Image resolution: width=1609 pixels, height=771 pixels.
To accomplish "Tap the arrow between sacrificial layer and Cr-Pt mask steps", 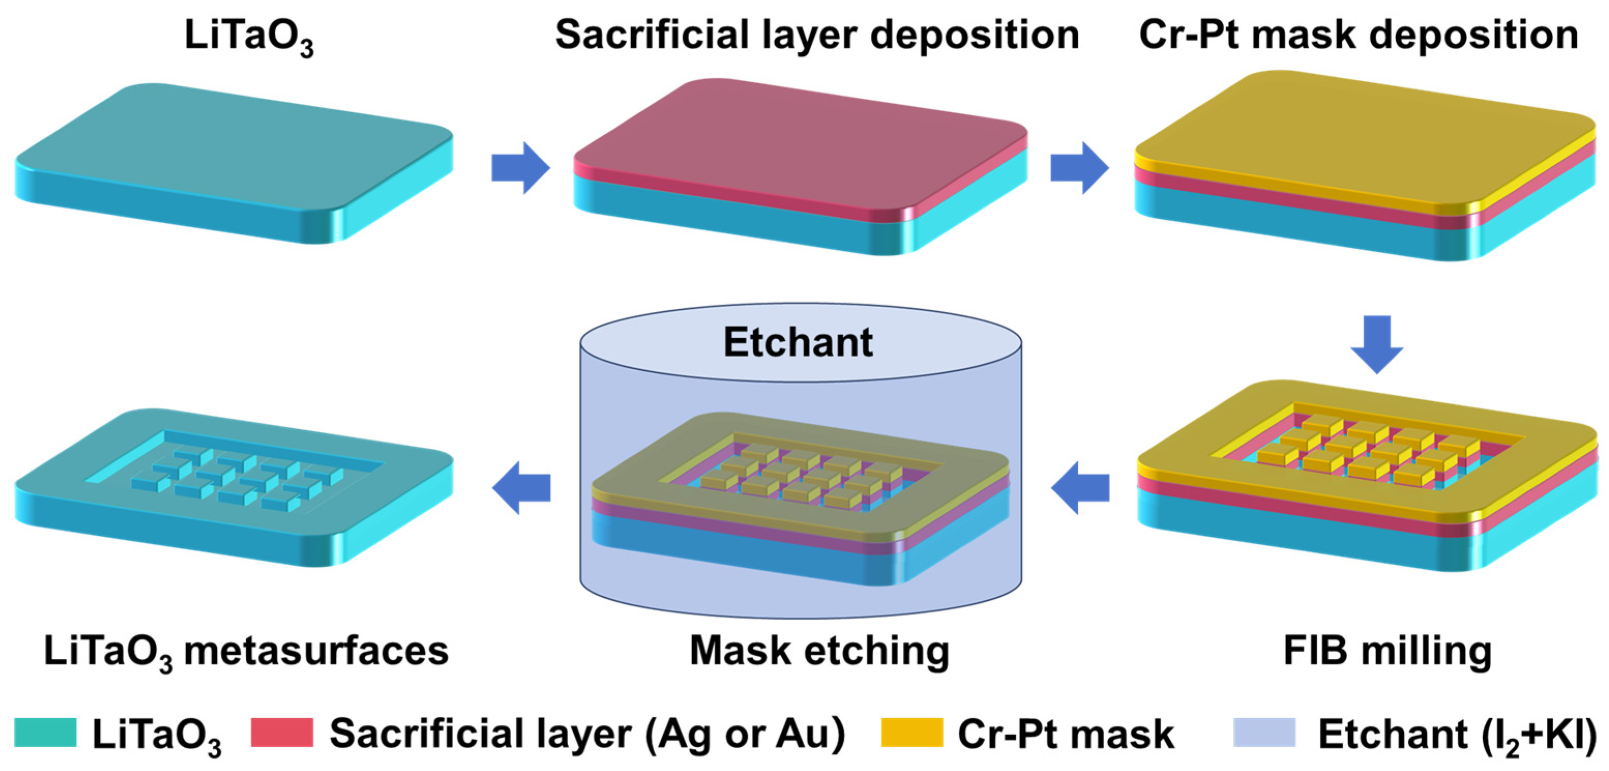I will [x=1079, y=168].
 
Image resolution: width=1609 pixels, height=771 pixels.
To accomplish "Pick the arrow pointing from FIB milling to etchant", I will [x=1081, y=488].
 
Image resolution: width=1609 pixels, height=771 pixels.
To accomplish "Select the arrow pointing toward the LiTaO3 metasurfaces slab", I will [x=522, y=488].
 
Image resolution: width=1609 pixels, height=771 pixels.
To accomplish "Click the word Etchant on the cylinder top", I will [x=798, y=342].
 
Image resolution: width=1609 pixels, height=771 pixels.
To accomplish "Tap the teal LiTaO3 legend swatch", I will [x=45, y=732].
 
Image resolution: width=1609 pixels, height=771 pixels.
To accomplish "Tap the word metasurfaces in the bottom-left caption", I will [x=316, y=651].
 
